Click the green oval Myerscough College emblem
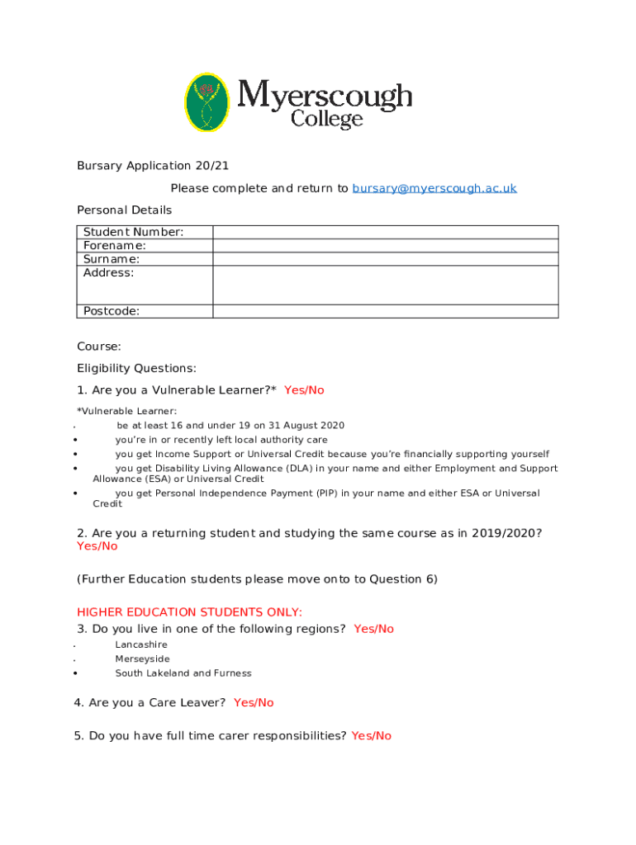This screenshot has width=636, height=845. (206, 102)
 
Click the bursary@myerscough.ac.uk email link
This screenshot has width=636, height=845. (434, 188)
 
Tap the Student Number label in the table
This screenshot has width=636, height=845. (133, 232)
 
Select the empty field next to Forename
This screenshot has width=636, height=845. (386, 246)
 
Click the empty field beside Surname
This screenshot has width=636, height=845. (386, 259)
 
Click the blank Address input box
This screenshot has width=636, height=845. (386, 286)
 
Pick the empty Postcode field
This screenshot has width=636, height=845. (386, 311)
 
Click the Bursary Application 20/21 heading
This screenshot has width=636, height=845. (153, 166)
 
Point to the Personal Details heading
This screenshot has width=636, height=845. (124, 210)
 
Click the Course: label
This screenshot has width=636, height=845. (98, 347)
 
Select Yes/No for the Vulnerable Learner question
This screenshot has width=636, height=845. (304, 390)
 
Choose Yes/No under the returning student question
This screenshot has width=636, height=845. (97, 546)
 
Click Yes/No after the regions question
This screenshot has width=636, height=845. (374, 629)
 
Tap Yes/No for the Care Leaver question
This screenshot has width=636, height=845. (254, 703)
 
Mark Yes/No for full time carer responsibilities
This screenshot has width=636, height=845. (371, 736)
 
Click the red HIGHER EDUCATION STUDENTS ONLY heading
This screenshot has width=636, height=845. (189, 612)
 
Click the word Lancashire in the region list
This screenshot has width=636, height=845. (141, 644)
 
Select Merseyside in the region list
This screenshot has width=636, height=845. (142, 659)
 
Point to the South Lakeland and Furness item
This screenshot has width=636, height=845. (183, 673)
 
